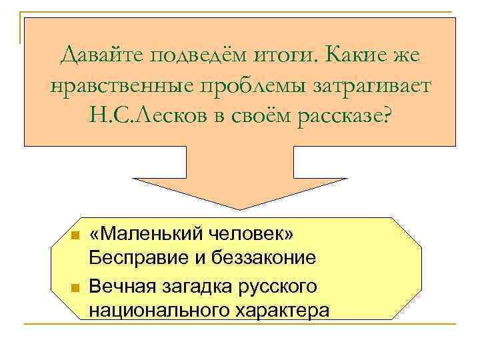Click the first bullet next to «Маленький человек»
click(76, 236)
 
